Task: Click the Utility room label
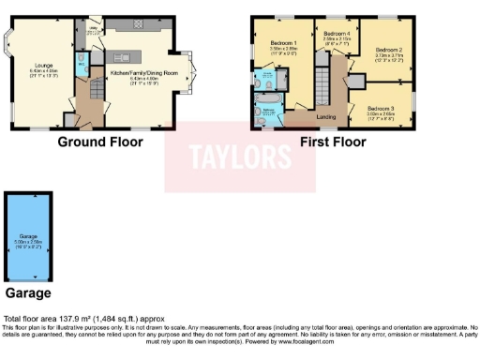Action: [x=92, y=28]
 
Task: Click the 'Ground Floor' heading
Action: [x=100, y=142]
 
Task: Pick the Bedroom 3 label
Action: [x=380, y=109]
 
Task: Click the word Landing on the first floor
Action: [x=326, y=116]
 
